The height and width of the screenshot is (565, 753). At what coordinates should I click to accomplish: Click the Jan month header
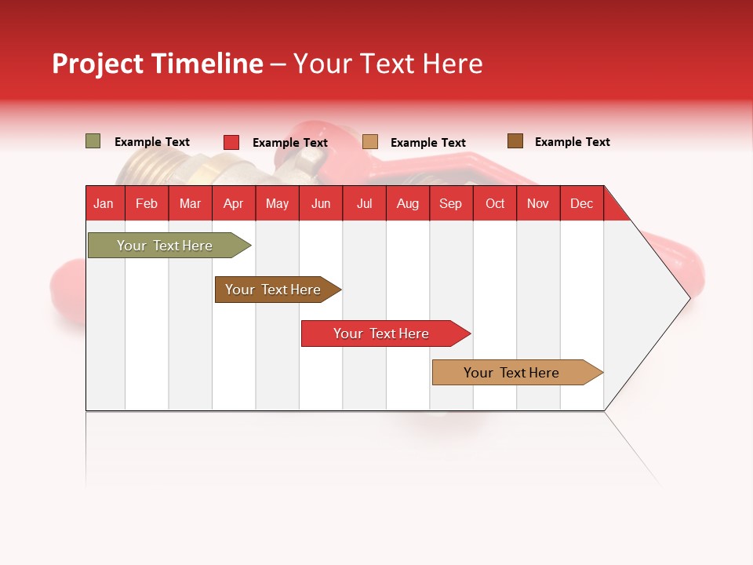pyautogui.click(x=104, y=203)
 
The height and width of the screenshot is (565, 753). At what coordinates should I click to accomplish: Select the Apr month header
pyautogui.click(x=233, y=203)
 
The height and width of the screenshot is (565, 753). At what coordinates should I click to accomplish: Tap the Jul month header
pyautogui.click(x=364, y=203)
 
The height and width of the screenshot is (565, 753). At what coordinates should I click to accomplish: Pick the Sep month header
pyautogui.click(x=450, y=203)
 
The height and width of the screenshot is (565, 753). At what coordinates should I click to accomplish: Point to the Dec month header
pyautogui.click(x=581, y=203)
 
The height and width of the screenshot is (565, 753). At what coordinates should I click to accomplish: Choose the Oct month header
pyautogui.click(x=495, y=203)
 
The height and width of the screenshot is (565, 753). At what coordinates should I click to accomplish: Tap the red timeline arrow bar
pyautogui.click(x=382, y=334)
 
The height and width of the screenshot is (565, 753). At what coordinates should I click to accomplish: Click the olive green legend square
pyautogui.click(x=93, y=141)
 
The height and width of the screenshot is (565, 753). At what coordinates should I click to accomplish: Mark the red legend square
pyautogui.click(x=231, y=142)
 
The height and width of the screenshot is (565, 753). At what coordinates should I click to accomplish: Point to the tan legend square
pyautogui.click(x=370, y=142)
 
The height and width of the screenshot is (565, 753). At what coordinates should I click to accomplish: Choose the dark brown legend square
pyautogui.click(x=515, y=141)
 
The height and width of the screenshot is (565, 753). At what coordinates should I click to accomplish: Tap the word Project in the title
pyautogui.click(x=99, y=64)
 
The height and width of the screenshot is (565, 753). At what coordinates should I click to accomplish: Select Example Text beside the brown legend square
pyautogui.click(x=572, y=142)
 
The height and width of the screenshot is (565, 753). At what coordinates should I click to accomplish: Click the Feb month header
pyautogui.click(x=147, y=203)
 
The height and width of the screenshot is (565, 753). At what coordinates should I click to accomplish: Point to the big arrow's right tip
pyautogui.click(x=688, y=297)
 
